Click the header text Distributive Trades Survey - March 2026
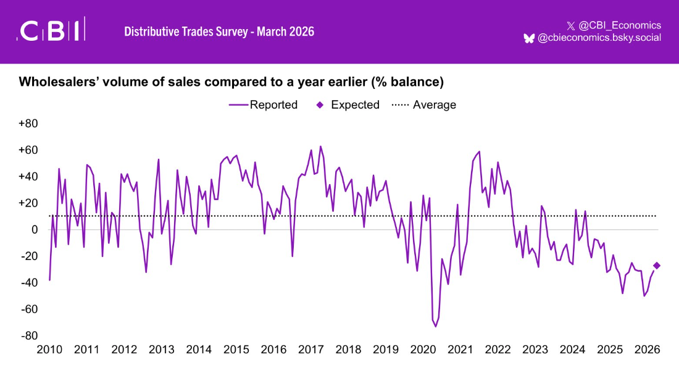tap(219, 31)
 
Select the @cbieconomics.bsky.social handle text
tap(599, 38)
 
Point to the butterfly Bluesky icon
tap(529, 38)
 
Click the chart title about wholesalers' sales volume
tap(231, 82)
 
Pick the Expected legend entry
tap(349, 105)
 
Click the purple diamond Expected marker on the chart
tap(657, 265)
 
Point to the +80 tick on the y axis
tap(28, 124)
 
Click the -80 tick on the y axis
tap(29, 336)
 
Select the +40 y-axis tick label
tap(28, 177)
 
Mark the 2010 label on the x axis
tap(49, 350)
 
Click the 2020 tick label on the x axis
tap(423, 350)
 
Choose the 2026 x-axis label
tap(647, 350)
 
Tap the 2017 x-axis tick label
tap(310, 350)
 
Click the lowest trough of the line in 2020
tap(436, 326)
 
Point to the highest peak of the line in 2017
tap(320, 146)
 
